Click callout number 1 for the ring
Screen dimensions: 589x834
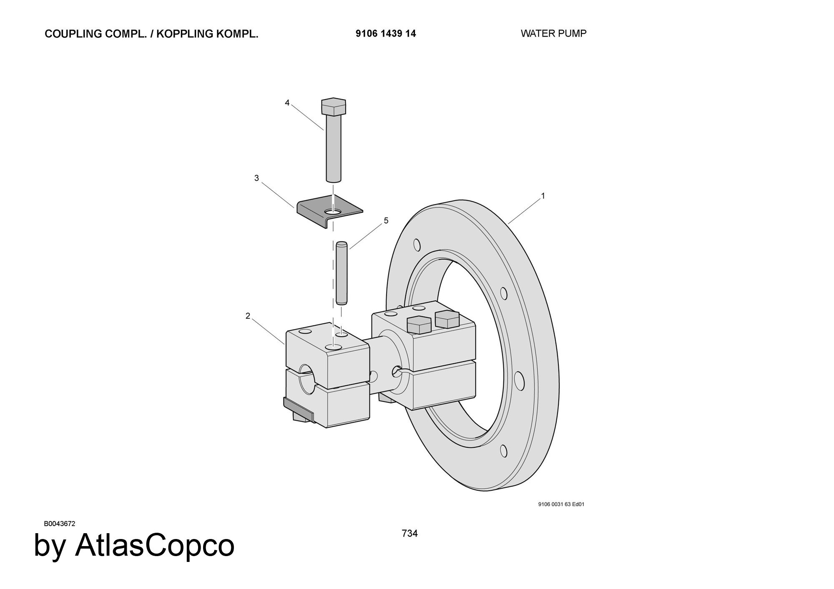pos(543,195)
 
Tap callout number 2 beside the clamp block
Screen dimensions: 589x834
pos(248,316)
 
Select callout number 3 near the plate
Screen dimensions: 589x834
pos(256,178)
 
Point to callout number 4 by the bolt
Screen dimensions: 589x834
pos(287,102)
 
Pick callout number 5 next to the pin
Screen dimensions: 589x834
pos(386,220)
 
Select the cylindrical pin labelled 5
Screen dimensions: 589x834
pos(342,273)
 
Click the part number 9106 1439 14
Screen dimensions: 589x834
pos(385,34)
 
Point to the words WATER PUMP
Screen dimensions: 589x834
pos(553,33)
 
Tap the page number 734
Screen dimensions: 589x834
pos(409,533)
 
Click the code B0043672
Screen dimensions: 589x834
pos(60,524)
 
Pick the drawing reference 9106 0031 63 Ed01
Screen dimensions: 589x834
pos(561,504)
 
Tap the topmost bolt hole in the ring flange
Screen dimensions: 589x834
pos(417,245)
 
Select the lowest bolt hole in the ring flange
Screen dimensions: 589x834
pos(504,451)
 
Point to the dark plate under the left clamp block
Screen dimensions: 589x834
pos(298,408)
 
